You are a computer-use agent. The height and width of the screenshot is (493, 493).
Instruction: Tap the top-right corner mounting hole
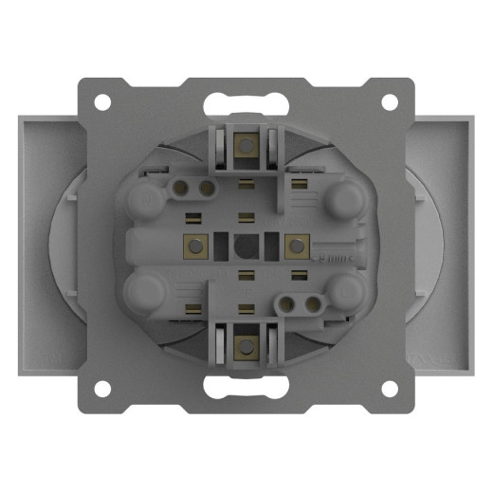coord(390,101)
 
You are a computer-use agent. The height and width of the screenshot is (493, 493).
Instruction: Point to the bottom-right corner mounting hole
coord(390,388)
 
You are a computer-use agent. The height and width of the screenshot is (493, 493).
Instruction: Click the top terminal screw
coord(246,145)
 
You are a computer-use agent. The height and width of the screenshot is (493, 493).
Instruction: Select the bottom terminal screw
coord(246,344)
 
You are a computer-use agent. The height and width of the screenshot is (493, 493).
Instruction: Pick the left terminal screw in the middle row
coord(197,245)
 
